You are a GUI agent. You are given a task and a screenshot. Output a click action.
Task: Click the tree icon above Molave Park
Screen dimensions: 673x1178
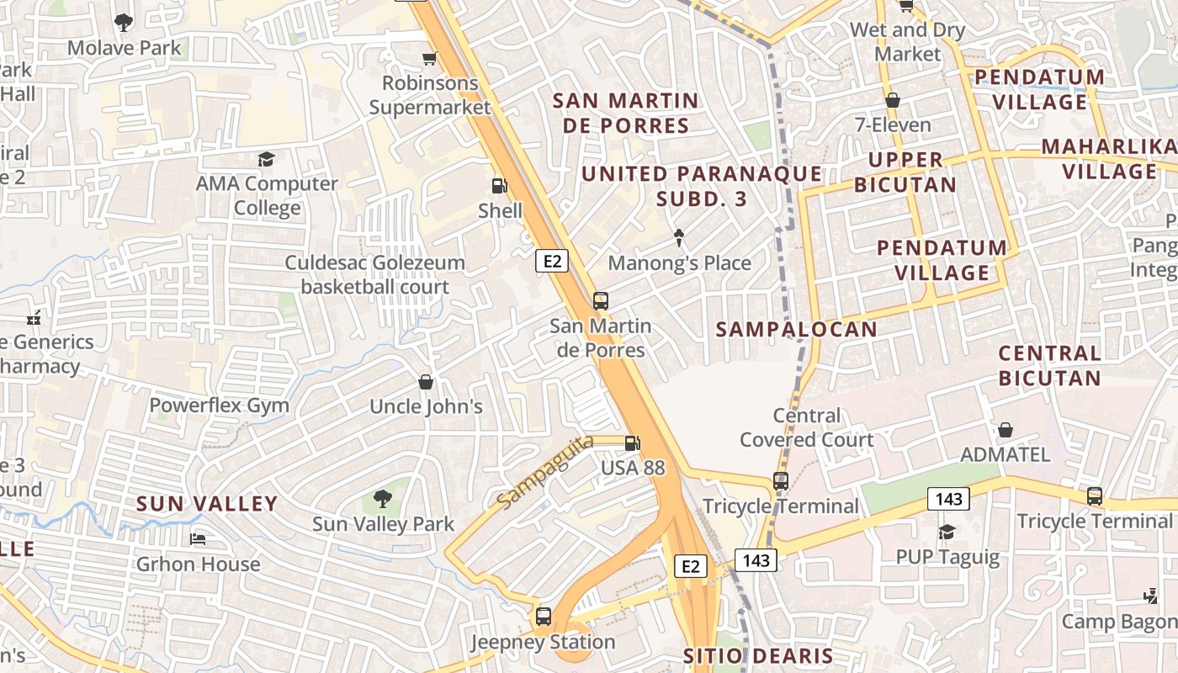tap(124, 23)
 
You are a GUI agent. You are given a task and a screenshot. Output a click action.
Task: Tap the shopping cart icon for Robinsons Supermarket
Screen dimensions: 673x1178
tap(429, 58)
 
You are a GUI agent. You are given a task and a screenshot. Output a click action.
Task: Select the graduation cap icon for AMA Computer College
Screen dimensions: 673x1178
tap(267, 159)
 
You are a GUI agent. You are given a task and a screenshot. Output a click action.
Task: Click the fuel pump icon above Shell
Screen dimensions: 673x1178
tap(500, 186)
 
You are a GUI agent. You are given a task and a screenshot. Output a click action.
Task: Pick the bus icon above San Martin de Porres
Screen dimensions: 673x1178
tap(600, 300)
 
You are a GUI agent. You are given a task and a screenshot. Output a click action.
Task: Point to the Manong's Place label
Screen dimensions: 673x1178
tap(679, 263)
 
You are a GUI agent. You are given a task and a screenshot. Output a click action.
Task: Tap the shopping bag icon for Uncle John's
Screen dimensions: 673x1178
tap(426, 382)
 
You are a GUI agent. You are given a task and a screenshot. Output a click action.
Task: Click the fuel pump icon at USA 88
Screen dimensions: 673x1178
tap(632, 442)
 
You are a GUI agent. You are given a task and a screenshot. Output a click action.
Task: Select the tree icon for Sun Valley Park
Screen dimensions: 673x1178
tap(383, 499)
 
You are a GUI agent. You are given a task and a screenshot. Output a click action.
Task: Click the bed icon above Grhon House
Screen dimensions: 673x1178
tap(198, 538)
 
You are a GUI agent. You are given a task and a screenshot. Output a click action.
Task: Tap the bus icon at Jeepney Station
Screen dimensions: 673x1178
tap(544, 617)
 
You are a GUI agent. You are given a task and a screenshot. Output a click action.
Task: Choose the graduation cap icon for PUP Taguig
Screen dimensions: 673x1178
tap(947, 532)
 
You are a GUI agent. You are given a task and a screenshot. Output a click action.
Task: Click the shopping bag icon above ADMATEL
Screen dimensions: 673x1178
tap(1006, 430)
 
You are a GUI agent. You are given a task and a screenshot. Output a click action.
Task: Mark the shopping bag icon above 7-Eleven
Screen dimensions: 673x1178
tap(893, 100)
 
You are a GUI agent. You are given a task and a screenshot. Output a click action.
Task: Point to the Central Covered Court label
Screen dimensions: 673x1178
tap(806, 427)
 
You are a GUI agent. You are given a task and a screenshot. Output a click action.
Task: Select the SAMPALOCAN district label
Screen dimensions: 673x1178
tap(796, 330)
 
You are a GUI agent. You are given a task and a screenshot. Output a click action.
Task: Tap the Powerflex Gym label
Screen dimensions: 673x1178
tap(219, 405)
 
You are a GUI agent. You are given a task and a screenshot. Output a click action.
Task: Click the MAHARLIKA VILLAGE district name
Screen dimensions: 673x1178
tap(1109, 159)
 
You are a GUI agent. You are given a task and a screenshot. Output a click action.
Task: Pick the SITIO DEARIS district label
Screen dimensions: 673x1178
tap(757, 656)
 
